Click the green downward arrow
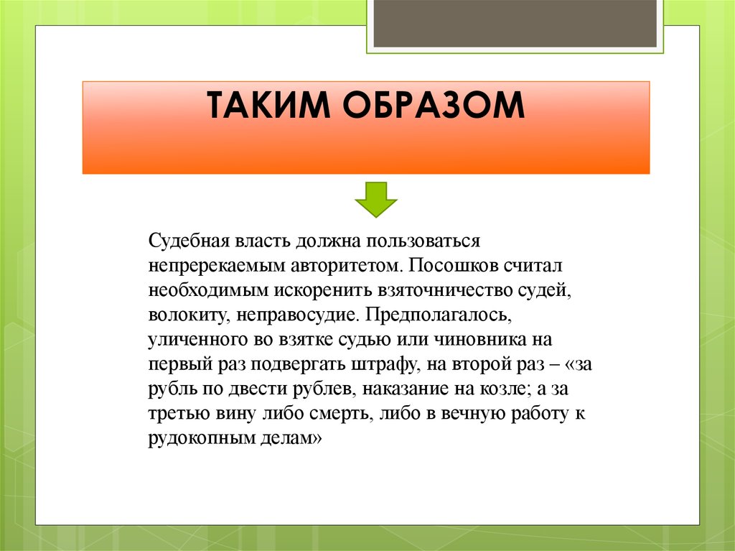pyautogui.click(x=375, y=199)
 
